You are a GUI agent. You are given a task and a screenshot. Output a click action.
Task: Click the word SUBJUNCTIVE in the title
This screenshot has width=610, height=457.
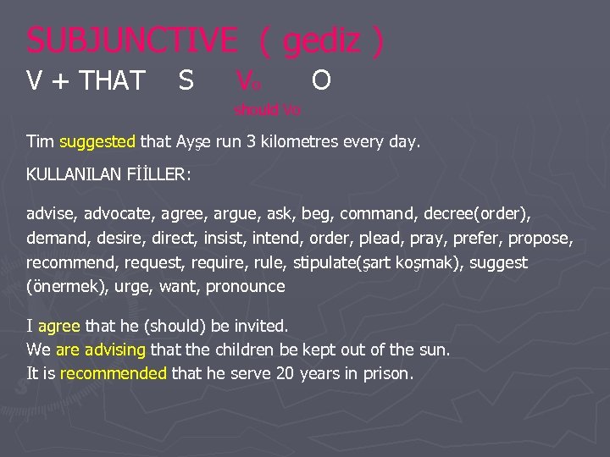tap(132, 40)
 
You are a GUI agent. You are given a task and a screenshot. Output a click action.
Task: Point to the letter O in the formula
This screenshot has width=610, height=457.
tap(321, 80)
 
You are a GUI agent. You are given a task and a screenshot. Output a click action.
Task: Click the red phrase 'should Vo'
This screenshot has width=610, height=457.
tap(268, 110)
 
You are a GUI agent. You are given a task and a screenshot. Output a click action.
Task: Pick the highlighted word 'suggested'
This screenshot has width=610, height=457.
tap(98, 142)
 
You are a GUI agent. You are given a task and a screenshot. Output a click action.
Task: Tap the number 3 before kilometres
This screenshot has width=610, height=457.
tap(252, 142)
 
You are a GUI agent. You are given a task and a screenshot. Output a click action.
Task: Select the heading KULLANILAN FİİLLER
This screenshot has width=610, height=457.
tap(109, 176)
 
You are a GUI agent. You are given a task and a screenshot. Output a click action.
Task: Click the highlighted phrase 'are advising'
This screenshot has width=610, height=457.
tap(101, 349)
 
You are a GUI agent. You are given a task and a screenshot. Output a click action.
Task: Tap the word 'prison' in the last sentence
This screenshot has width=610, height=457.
tap(387, 372)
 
